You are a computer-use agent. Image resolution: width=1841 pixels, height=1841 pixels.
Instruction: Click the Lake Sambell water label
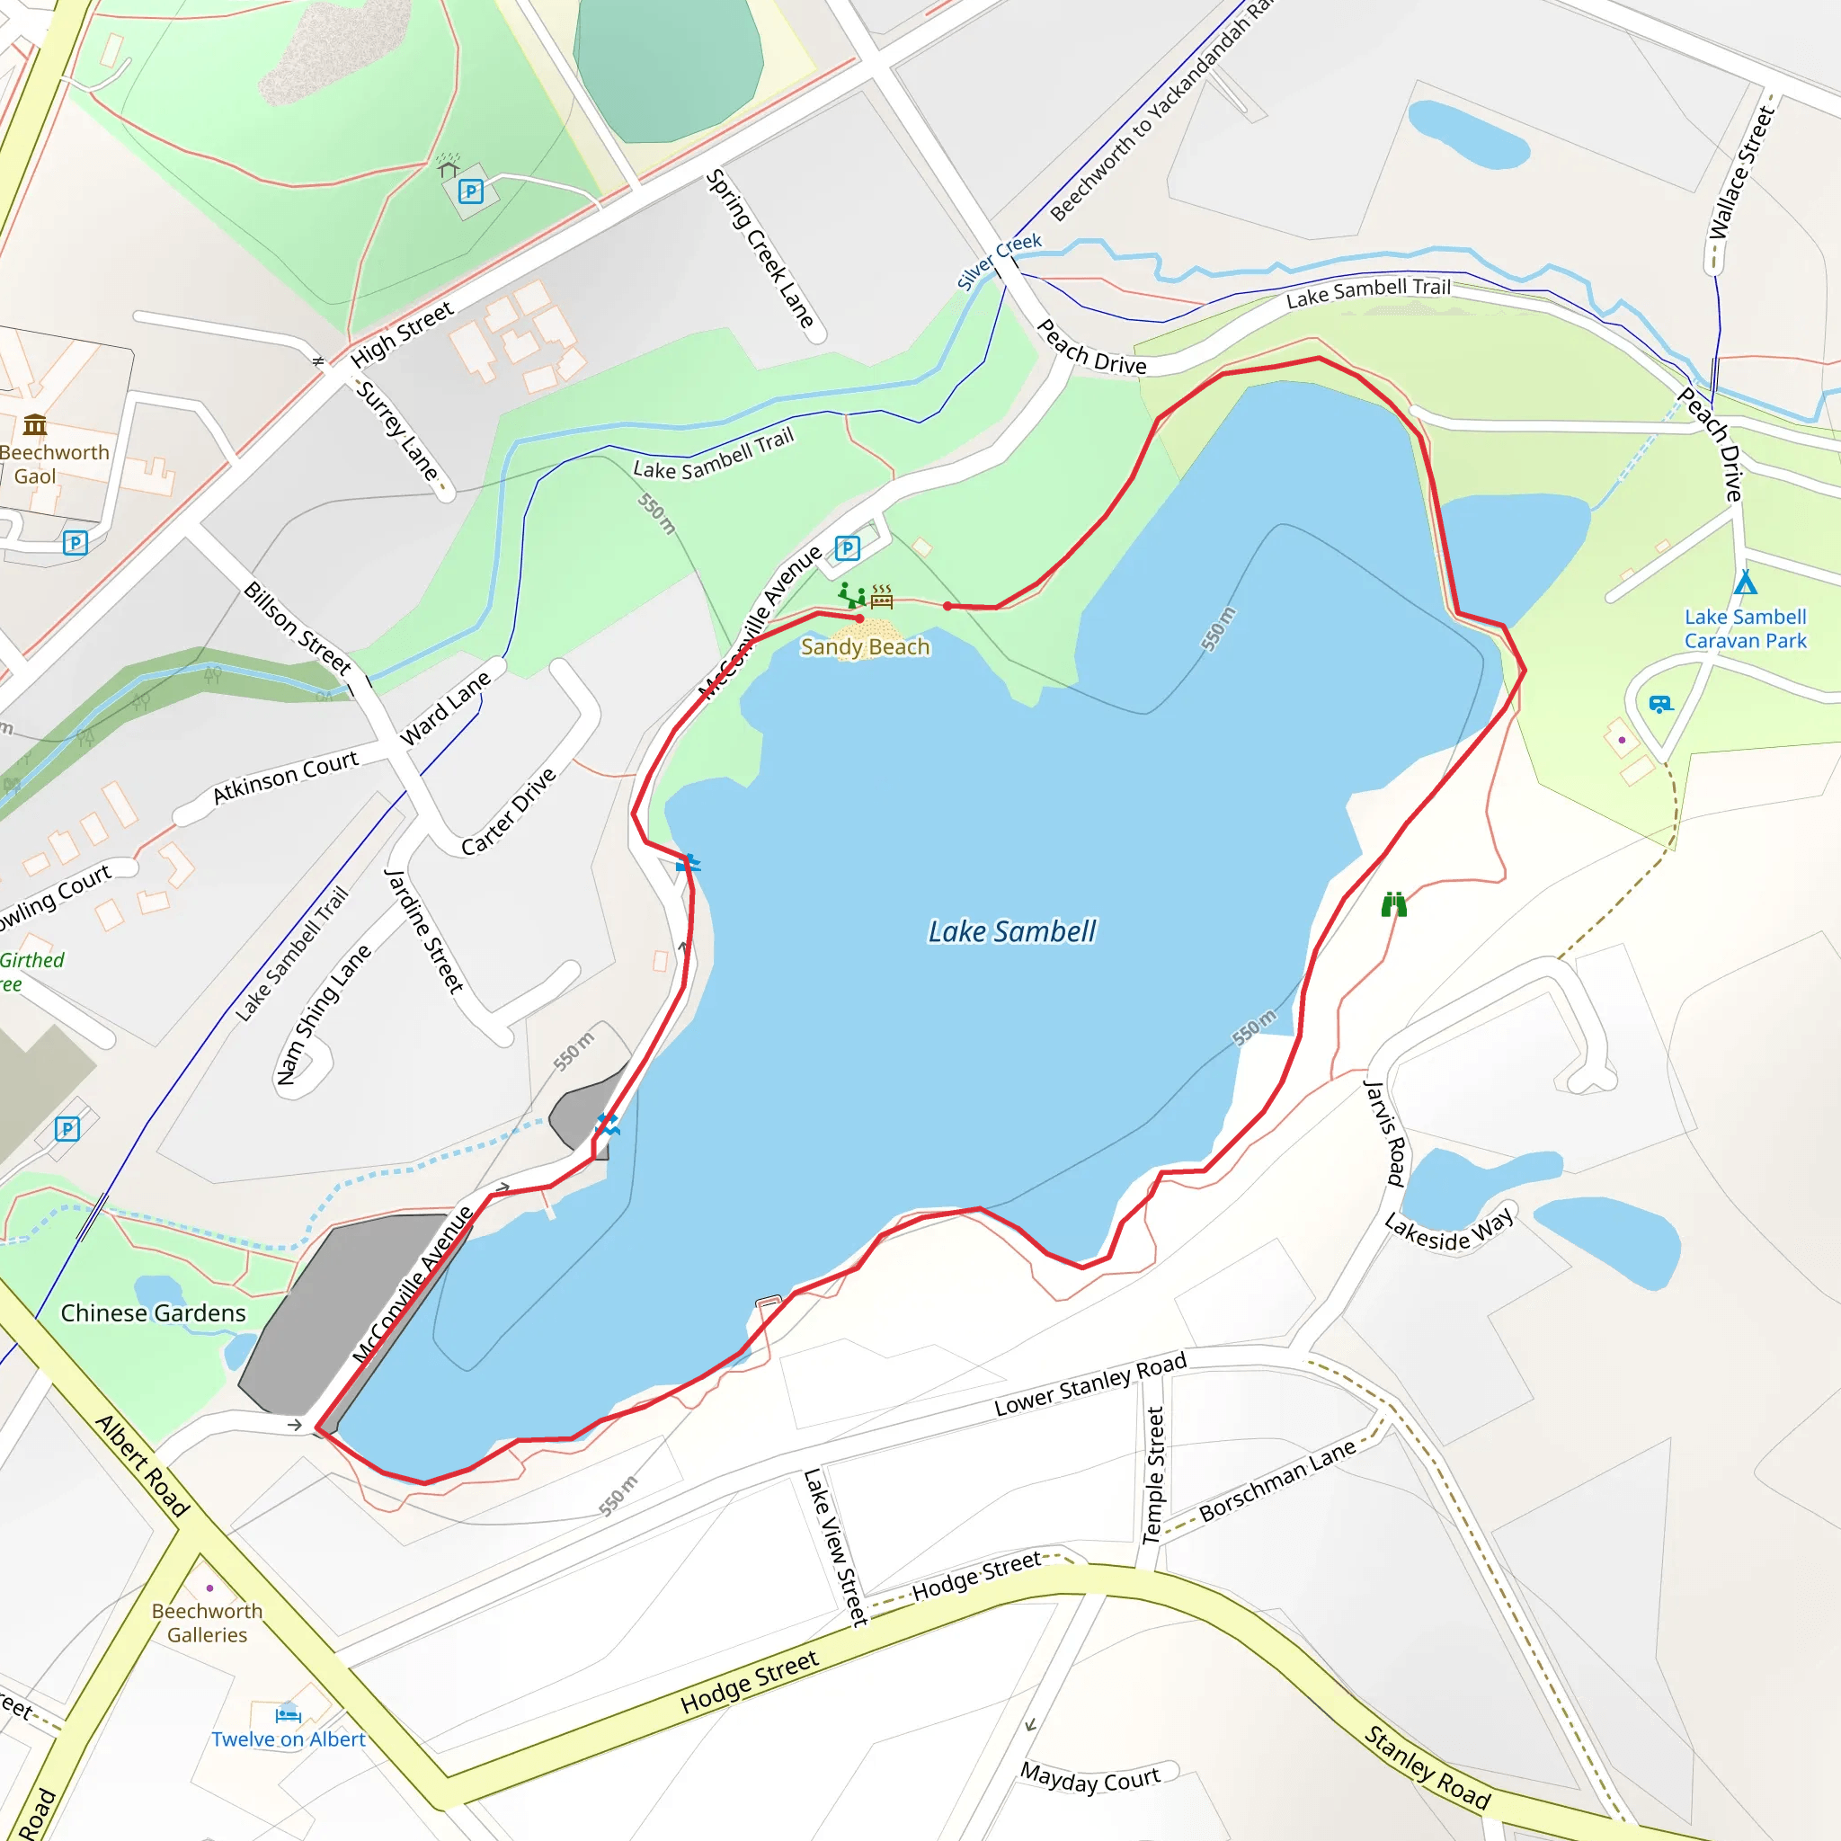[x=1012, y=932]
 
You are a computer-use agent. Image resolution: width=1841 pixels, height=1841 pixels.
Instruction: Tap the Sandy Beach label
[x=864, y=647]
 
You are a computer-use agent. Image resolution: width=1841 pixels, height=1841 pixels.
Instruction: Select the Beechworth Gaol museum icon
[x=35, y=424]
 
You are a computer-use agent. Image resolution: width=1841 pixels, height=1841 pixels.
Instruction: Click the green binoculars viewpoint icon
[x=1393, y=903]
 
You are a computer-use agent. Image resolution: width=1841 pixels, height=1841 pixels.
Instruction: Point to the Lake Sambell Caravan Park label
[x=1745, y=629]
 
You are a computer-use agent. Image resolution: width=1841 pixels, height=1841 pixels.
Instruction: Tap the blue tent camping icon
[x=1745, y=582]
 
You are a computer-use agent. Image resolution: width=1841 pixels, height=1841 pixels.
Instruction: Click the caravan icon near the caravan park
[x=1661, y=704]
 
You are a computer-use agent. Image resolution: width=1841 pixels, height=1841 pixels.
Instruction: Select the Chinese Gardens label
[x=154, y=1313]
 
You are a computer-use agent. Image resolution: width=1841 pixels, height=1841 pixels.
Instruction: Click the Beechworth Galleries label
[x=207, y=1623]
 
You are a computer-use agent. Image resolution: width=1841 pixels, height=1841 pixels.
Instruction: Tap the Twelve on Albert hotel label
[x=288, y=1739]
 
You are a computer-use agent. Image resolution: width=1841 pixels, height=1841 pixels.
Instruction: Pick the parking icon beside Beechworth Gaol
[x=76, y=543]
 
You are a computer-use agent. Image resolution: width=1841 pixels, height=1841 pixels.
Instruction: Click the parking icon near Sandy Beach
[x=847, y=548]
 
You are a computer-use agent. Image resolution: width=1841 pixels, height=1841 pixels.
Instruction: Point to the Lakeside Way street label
[x=1448, y=1232]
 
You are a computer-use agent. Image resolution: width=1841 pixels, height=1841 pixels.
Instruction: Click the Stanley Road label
[x=1427, y=1766]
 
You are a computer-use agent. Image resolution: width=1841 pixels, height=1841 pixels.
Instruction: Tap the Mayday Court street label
[x=1090, y=1778]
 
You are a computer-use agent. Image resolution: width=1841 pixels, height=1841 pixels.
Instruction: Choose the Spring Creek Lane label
[x=760, y=249]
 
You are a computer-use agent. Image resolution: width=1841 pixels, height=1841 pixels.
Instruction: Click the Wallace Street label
[x=1741, y=173]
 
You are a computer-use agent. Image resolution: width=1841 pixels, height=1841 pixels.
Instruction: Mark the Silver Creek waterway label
[x=999, y=260]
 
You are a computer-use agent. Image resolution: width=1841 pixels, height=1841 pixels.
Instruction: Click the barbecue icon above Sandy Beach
[x=883, y=598]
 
